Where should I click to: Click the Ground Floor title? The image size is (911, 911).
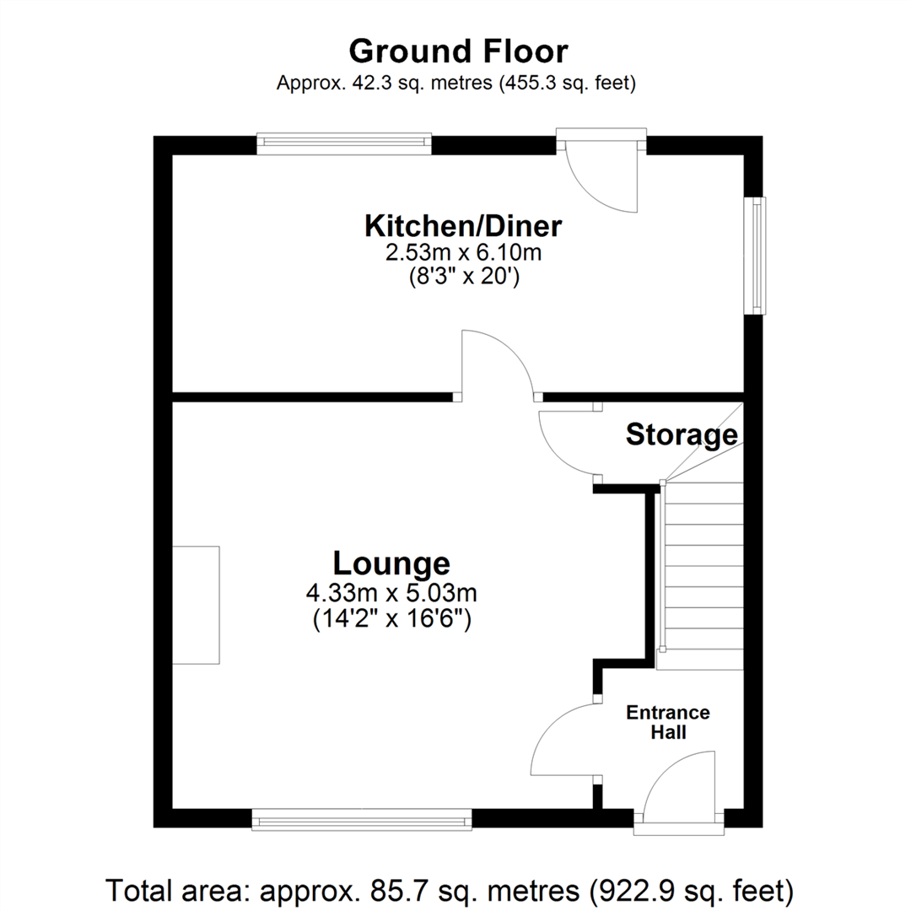(x=458, y=51)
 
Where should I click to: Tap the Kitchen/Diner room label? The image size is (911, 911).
(x=463, y=226)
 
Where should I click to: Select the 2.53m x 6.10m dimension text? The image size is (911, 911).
(x=463, y=251)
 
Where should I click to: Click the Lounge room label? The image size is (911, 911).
(x=391, y=563)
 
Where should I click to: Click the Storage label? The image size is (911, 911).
(x=681, y=435)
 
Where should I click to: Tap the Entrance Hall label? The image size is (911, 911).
(x=667, y=722)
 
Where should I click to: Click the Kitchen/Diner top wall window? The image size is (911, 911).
(x=343, y=143)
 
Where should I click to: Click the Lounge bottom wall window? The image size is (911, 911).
(x=362, y=818)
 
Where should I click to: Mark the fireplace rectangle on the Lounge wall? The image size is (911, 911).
(x=196, y=604)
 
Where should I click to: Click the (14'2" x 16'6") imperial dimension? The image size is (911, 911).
(x=391, y=621)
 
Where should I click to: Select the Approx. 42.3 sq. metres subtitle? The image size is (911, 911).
(x=455, y=84)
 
